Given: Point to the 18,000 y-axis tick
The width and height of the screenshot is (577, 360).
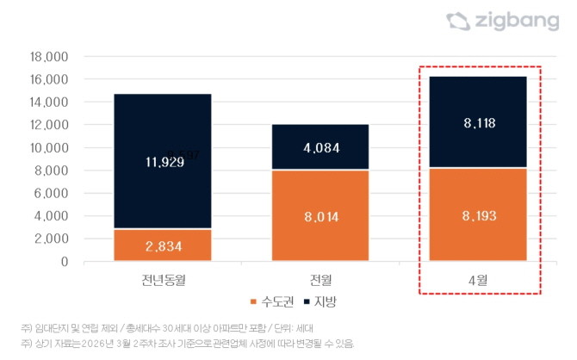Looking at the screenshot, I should click(50, 57).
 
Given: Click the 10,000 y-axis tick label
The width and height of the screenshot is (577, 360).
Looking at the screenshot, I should click(50, 147).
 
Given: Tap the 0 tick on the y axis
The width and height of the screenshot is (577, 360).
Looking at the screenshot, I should click(63, 261).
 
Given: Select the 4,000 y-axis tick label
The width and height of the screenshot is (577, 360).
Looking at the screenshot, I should click(53, 215).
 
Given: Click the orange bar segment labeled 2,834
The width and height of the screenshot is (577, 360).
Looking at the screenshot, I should click(162, 245).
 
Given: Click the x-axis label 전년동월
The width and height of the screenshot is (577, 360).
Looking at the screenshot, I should click(162, 281).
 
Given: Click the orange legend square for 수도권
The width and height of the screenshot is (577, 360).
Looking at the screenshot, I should click(253, 302).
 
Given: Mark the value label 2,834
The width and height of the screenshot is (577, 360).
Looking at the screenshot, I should click(162, 245).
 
